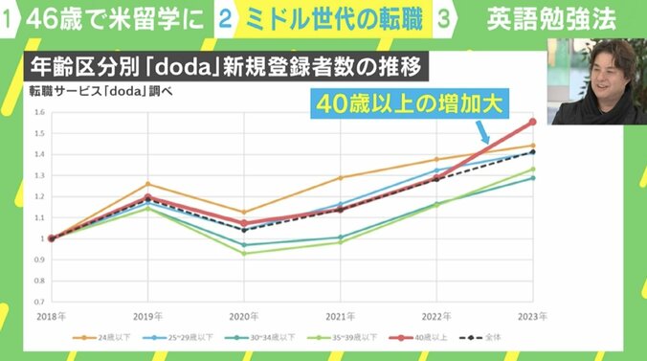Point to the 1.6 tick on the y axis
click(39, 113)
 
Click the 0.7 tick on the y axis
click(39, 301)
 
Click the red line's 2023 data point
click(533, 122)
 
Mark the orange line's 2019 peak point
click(147, 184)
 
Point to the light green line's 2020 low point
click(244, 253)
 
